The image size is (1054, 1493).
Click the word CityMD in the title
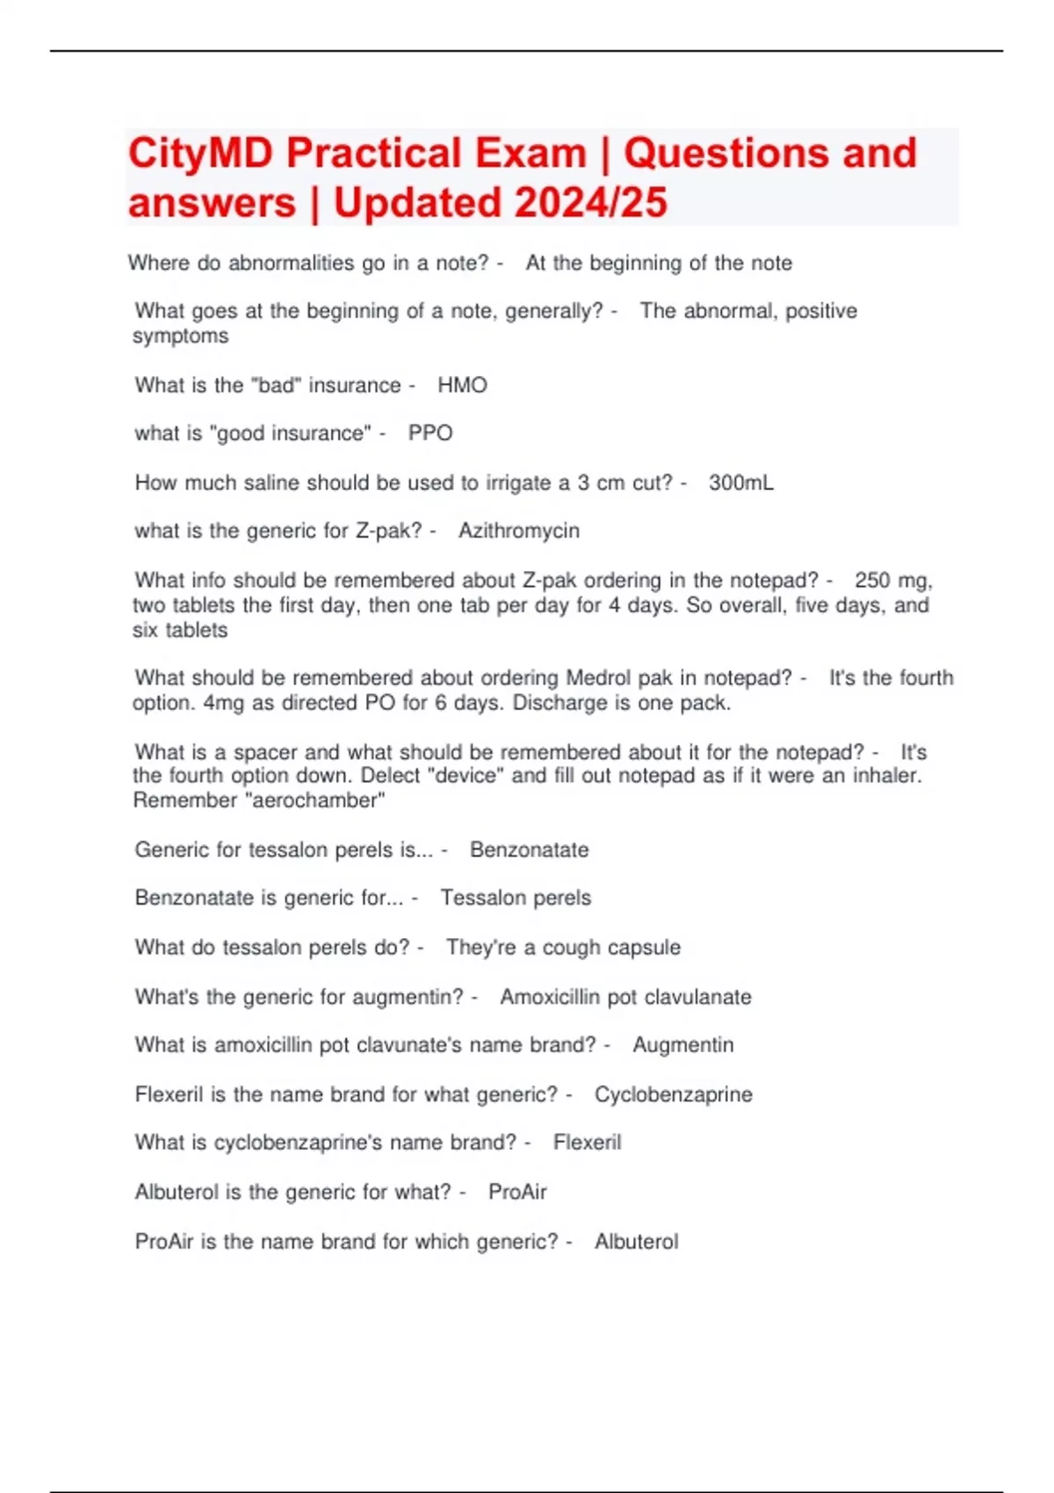coord(201,154)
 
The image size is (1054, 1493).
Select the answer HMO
coord(462,385)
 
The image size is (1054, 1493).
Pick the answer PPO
coord(430,433)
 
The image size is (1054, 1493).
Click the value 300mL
coord(741,482)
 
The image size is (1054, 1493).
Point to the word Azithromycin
coord(518,530)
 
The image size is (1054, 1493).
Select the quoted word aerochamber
coord(315,800)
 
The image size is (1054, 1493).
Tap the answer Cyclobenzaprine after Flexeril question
coord(673,1094)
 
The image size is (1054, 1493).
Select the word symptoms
coord(180,335)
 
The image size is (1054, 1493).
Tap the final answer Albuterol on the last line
coord(636,1241)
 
